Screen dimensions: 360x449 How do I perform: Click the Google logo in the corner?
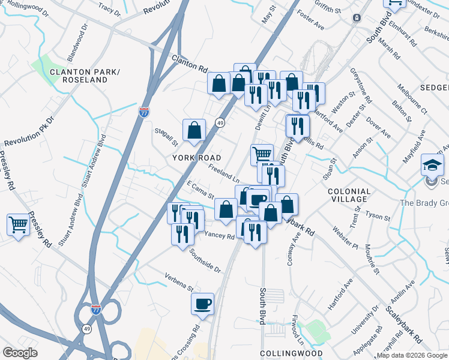20,353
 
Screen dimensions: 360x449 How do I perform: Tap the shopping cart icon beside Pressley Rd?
19,226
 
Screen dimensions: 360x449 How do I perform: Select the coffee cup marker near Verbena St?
202,303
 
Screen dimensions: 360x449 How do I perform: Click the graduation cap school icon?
432,165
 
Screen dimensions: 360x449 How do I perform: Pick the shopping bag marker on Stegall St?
194,130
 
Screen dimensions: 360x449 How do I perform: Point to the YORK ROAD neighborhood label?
194,158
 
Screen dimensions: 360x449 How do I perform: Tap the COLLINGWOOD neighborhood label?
291,353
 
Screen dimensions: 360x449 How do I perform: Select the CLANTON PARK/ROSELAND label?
86,76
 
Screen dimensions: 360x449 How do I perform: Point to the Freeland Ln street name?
224,175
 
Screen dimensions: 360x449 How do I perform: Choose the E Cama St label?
200,191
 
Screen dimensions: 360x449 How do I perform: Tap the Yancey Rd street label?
219,236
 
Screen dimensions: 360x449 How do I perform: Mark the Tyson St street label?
378,215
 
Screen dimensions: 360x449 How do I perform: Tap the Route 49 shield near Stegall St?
221,122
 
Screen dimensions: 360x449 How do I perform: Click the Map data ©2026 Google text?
412,355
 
